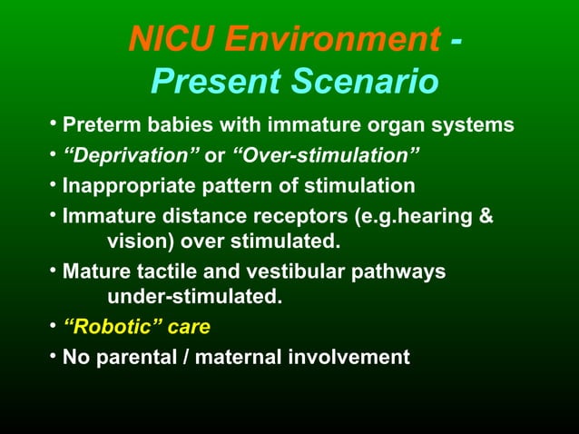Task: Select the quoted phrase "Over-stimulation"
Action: click(x=326, y=155)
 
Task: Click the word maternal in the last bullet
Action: click(x=238, y=357)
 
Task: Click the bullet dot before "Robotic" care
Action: click(x=54, y=325)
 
